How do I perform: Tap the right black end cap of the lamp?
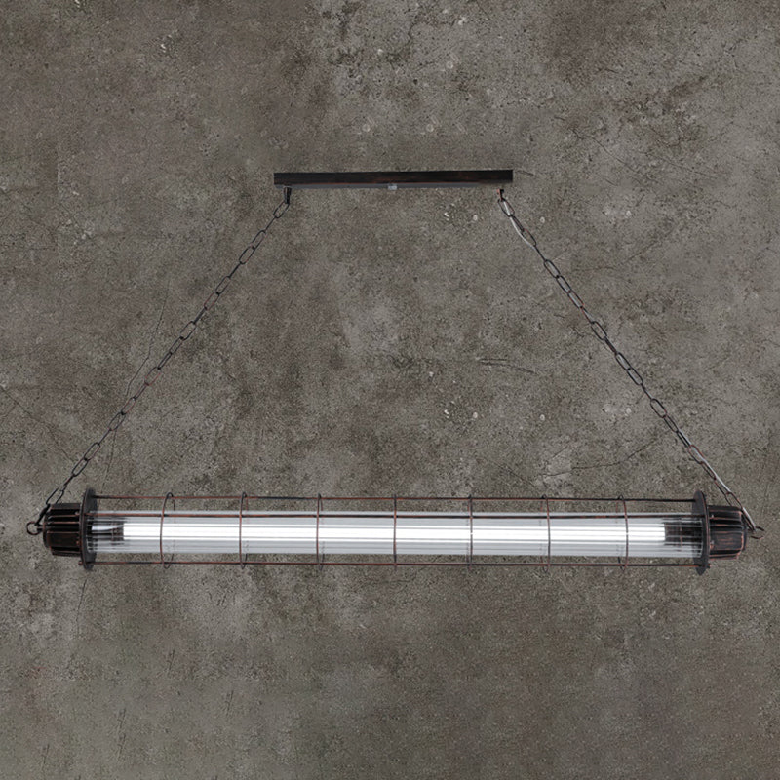723,532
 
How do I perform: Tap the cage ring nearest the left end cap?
167,531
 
